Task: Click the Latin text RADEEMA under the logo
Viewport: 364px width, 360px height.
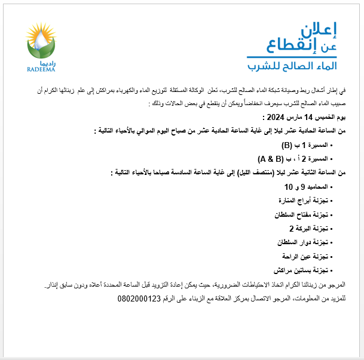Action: coord(41,69)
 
